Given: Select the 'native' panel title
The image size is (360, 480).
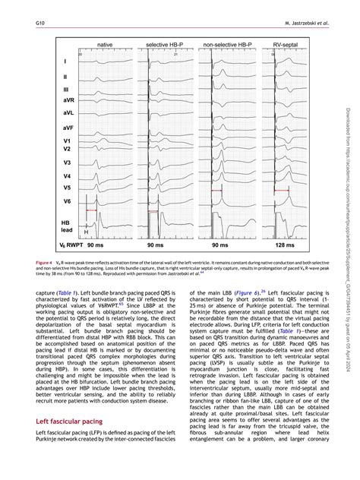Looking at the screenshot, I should pyautogui.click(x=106, y=46).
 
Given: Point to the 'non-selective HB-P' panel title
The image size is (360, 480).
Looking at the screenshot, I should pyautogui.click(x=228, y=46).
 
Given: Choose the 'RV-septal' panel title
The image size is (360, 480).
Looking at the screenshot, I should pyautogui.click(x=285, y=46).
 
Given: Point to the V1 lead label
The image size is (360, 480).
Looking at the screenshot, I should pyautogui.click(x=67, y=141).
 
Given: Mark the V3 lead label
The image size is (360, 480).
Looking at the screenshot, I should pyautogui.click(x=67, y=163).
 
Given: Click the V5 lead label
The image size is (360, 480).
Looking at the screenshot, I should pyautogui.click(x=67, y=187).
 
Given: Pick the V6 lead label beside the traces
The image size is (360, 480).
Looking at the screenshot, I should pyautogui.click(x=67, y=201).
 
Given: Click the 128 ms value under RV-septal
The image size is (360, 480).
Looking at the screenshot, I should pyautogui.click(x=286, y=247).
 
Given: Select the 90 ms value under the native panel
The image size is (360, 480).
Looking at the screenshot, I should pyautogui.click(x=96, y=247).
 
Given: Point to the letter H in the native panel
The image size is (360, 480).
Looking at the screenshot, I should pyautogui.click(x=86, y=232).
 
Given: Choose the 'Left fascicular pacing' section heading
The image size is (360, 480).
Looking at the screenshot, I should pyautogui.click(x=77, y=420).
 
